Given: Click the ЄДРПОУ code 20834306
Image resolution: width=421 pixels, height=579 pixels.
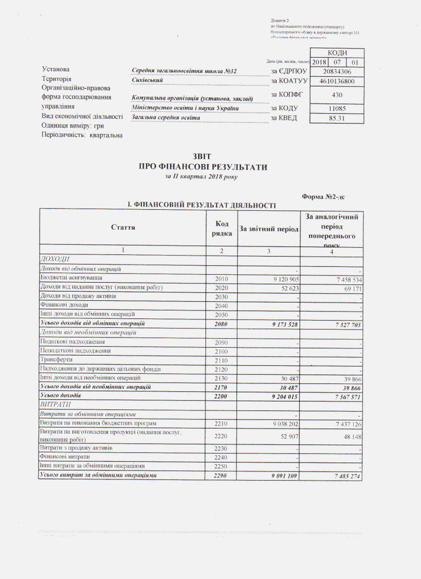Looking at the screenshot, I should pos(338,72).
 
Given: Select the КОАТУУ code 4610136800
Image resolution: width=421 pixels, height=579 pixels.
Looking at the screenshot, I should pos(338,81).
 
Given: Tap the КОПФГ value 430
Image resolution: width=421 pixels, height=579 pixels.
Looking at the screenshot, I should pos(338,96).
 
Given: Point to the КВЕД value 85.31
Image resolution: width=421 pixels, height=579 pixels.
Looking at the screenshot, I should pos(338,118).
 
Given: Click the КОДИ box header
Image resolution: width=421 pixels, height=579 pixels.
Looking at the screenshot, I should pos(338,53).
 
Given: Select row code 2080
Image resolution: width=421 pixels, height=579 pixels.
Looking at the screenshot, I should pos(224,324).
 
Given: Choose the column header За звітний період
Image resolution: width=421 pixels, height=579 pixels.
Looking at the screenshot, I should pos(269,228).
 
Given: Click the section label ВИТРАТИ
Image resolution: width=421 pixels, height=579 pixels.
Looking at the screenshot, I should pos(53,405).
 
